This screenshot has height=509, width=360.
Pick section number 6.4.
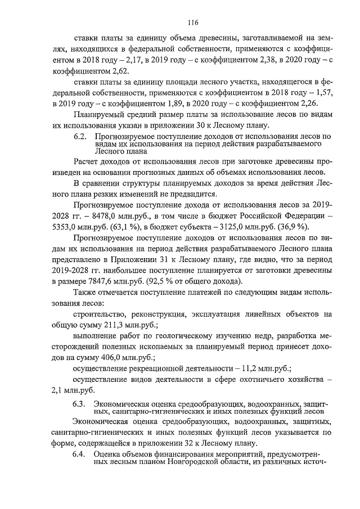81,454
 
